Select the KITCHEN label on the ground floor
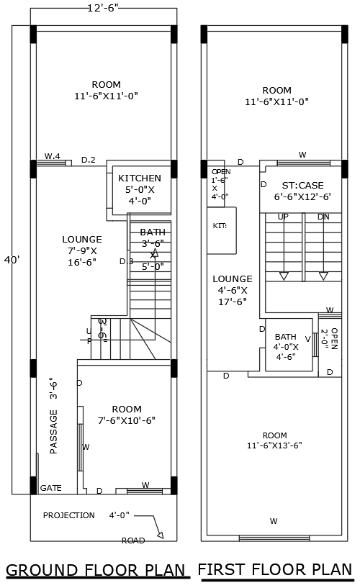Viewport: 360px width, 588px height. click(x=140, y=178)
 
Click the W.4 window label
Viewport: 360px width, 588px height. click(x=52, y=156)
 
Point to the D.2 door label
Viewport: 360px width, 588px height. click(x=89, y=160)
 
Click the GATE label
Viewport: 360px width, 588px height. click(x=50, y=488)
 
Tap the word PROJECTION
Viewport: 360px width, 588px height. click(x=68, y=515)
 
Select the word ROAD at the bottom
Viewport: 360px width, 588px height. click(x=133, y=540)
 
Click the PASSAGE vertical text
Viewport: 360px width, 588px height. click(x=53, y=432)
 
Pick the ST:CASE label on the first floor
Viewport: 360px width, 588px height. click(x=302, y=185)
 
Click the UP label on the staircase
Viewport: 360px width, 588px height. click(x=284, y=217)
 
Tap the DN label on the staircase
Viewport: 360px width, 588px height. click(x=323, y=217)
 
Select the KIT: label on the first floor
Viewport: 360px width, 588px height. click(x=220, y=225)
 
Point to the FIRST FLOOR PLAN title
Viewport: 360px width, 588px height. click(x=276, y=570)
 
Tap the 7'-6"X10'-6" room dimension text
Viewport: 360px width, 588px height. click(x=127, y=420)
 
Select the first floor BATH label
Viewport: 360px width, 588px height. click(x=285, y=336)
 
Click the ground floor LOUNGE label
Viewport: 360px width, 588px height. click(x=82, y=239)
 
